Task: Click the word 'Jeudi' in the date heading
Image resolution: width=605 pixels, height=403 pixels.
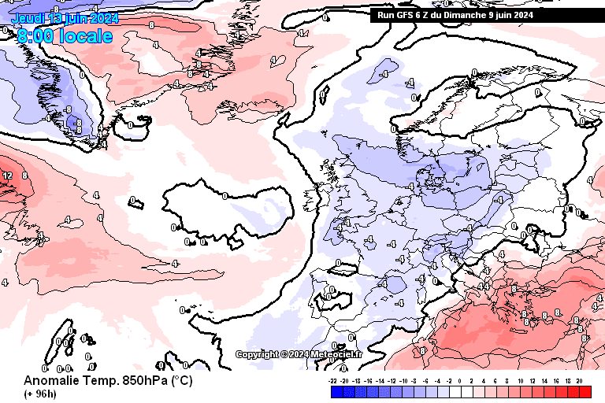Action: pos(27,18)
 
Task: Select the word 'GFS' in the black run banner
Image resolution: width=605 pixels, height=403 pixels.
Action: pos(406,14)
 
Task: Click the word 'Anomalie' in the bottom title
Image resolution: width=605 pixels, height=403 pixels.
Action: pos(51,380)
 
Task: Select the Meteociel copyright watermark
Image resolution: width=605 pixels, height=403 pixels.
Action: pos(299,354)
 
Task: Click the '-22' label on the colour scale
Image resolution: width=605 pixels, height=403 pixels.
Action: pos(334,380)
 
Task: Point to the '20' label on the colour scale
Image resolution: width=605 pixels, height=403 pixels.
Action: pos(579,380)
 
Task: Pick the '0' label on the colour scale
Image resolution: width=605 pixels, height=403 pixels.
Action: pos(461,380)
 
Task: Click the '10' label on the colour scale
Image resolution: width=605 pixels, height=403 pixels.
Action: pos(521,380)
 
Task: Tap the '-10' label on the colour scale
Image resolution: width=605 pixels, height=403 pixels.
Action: pos(403,380)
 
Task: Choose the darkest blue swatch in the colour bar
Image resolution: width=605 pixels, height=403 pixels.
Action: pos(336,391)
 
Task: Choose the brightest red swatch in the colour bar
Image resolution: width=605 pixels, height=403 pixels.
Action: pos(585,391)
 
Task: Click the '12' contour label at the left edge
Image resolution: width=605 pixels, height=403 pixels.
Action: pos(7,176)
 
